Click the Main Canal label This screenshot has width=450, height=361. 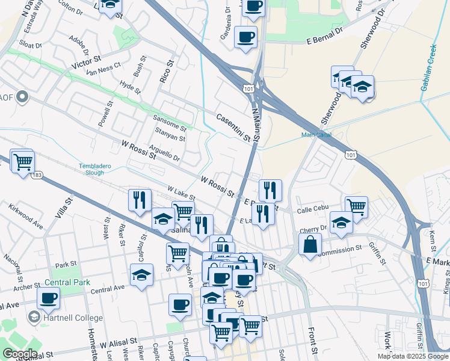click(316, 135)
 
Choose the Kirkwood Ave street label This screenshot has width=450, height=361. click(26, 217)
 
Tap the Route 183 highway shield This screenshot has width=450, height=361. click(37, 174)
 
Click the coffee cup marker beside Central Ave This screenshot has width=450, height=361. click(48, 298)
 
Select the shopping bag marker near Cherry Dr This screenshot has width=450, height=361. click(310, 245)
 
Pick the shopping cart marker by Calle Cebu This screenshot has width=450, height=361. click(357, 207)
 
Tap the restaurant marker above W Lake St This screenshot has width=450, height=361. click(140, 199)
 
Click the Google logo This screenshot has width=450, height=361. click(19, 354)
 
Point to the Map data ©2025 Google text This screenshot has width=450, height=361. click(413, 356)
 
